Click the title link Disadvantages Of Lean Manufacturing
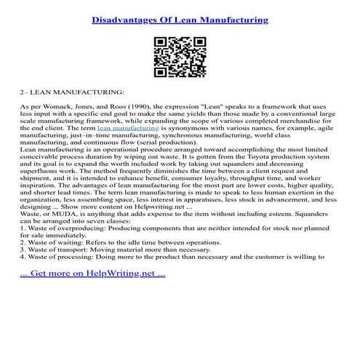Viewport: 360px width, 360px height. click(180, 20)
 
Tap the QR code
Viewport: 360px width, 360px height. click(180, 56)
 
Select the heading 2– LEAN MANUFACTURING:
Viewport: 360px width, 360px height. click(73, 92)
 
